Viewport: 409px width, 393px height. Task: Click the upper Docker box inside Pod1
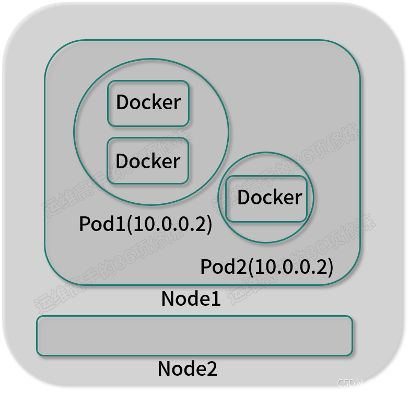pos(148,103)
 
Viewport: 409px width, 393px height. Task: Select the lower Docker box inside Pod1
pos(148,161)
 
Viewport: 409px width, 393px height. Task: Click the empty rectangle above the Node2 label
pos(194,336)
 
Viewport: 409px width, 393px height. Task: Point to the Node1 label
pos(191,298)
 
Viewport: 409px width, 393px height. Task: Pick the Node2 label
pos(187,369)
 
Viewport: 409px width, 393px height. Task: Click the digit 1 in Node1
pos(215,298)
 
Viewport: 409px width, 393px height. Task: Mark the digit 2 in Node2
pos(211,369)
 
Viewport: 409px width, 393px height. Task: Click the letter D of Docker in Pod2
pos(244,198)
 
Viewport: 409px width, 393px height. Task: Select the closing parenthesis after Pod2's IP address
pos(330,268)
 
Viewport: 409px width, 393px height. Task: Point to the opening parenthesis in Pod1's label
pos(130,224)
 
